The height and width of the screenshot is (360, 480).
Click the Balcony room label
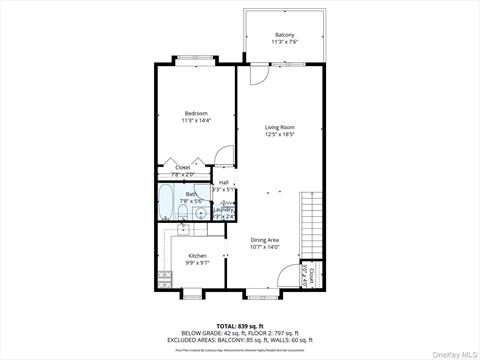(x=286, y=35)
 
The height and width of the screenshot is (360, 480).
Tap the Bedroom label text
(x=196, y=113)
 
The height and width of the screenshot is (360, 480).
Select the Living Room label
(x=280, y=127)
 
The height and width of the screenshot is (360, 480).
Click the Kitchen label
(x=197, y=256)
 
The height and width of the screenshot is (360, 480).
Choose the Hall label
(x=223, y=182)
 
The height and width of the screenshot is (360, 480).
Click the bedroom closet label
(x=183, y=167)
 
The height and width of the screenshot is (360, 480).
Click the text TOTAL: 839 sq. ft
(x=239, y=326)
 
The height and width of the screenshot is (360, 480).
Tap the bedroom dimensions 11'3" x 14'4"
(x=196, y=120)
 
